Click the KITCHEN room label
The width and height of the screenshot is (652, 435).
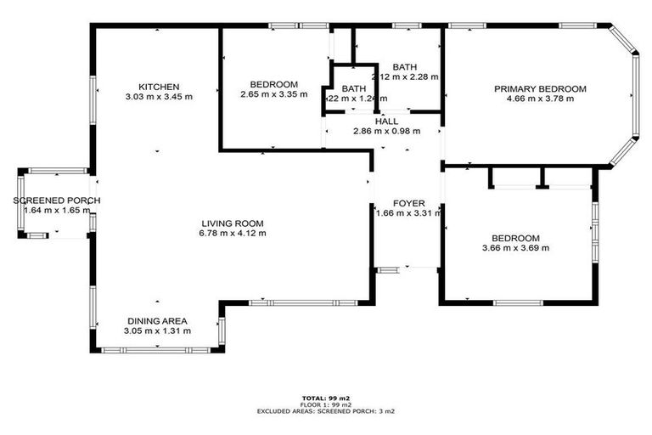click(159, 87)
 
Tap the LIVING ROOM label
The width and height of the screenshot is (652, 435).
click(232, 223)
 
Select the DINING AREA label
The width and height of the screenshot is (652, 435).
click(157, 321)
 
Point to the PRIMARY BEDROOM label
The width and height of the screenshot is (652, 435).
click(540, 89)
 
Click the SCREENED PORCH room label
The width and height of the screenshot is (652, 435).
click(57, 201)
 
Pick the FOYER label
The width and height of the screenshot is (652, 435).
click(409, 204)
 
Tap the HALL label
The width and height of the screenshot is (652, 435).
click(385, 121)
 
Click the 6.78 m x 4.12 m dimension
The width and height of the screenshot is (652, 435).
click(232, 233)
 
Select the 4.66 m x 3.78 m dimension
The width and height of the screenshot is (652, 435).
click(540, 99)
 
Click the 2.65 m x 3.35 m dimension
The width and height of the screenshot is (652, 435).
click(273, 94)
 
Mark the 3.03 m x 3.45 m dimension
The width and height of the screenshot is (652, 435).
click(159, 97)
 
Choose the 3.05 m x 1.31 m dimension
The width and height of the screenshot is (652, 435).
click(157, 331)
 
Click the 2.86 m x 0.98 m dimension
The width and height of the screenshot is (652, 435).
click(386, 132)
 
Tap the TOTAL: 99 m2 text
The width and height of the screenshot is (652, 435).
click(325, 398)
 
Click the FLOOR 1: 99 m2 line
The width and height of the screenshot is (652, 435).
click(325, 404)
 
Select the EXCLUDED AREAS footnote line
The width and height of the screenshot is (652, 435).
click(325, 411)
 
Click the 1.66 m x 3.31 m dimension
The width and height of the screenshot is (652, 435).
click(409, 214)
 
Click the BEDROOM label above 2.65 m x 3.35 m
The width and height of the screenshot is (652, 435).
click(273, 84)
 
